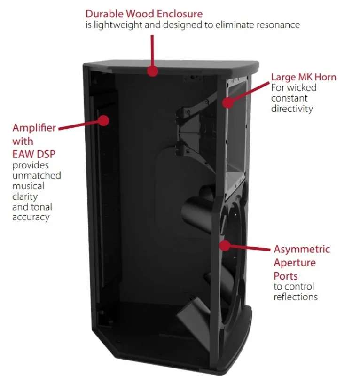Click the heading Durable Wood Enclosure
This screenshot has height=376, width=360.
144,14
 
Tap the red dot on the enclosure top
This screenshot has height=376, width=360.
152,71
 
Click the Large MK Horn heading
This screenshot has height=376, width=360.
304,77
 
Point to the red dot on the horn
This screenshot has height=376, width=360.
228,102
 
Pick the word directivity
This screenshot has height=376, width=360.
292,109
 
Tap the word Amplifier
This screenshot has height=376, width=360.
34,127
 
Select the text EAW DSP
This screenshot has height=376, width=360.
34,154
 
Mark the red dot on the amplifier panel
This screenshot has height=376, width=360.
103,120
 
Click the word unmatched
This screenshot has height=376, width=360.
37,175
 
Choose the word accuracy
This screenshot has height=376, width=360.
31,217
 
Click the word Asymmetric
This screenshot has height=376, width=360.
302,249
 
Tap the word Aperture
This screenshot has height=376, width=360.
295,263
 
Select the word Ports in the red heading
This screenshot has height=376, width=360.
286,276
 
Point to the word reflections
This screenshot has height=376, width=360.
296,297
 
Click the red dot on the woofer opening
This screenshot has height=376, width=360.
225,245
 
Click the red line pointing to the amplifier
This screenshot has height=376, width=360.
81,125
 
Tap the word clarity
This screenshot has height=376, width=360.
25,196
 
